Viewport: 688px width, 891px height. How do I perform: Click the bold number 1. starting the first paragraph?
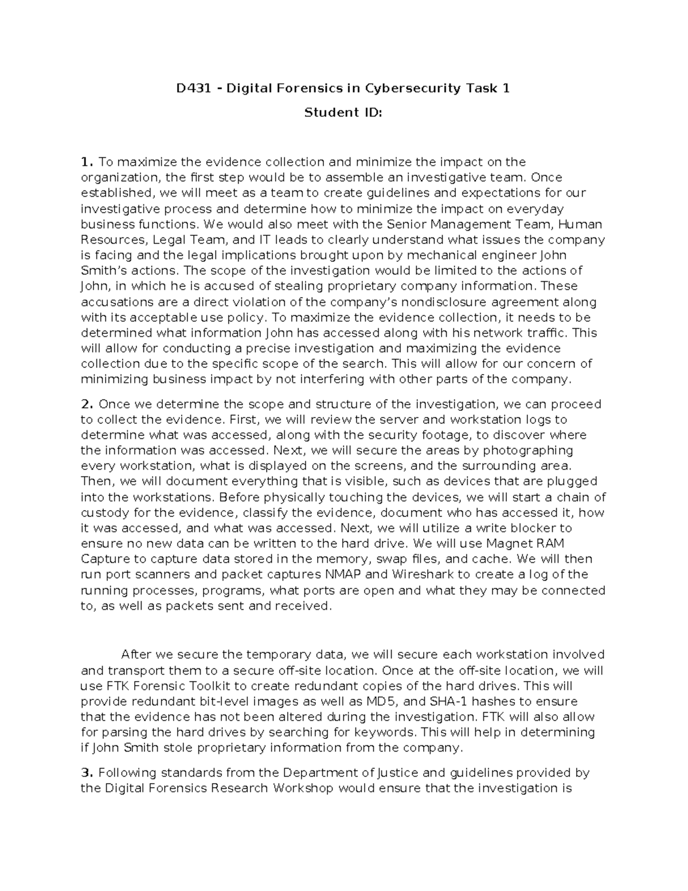pos(87,162)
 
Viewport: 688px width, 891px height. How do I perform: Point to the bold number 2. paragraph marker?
pos(87,404)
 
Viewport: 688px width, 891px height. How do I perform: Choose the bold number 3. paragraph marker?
pos(87,773)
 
